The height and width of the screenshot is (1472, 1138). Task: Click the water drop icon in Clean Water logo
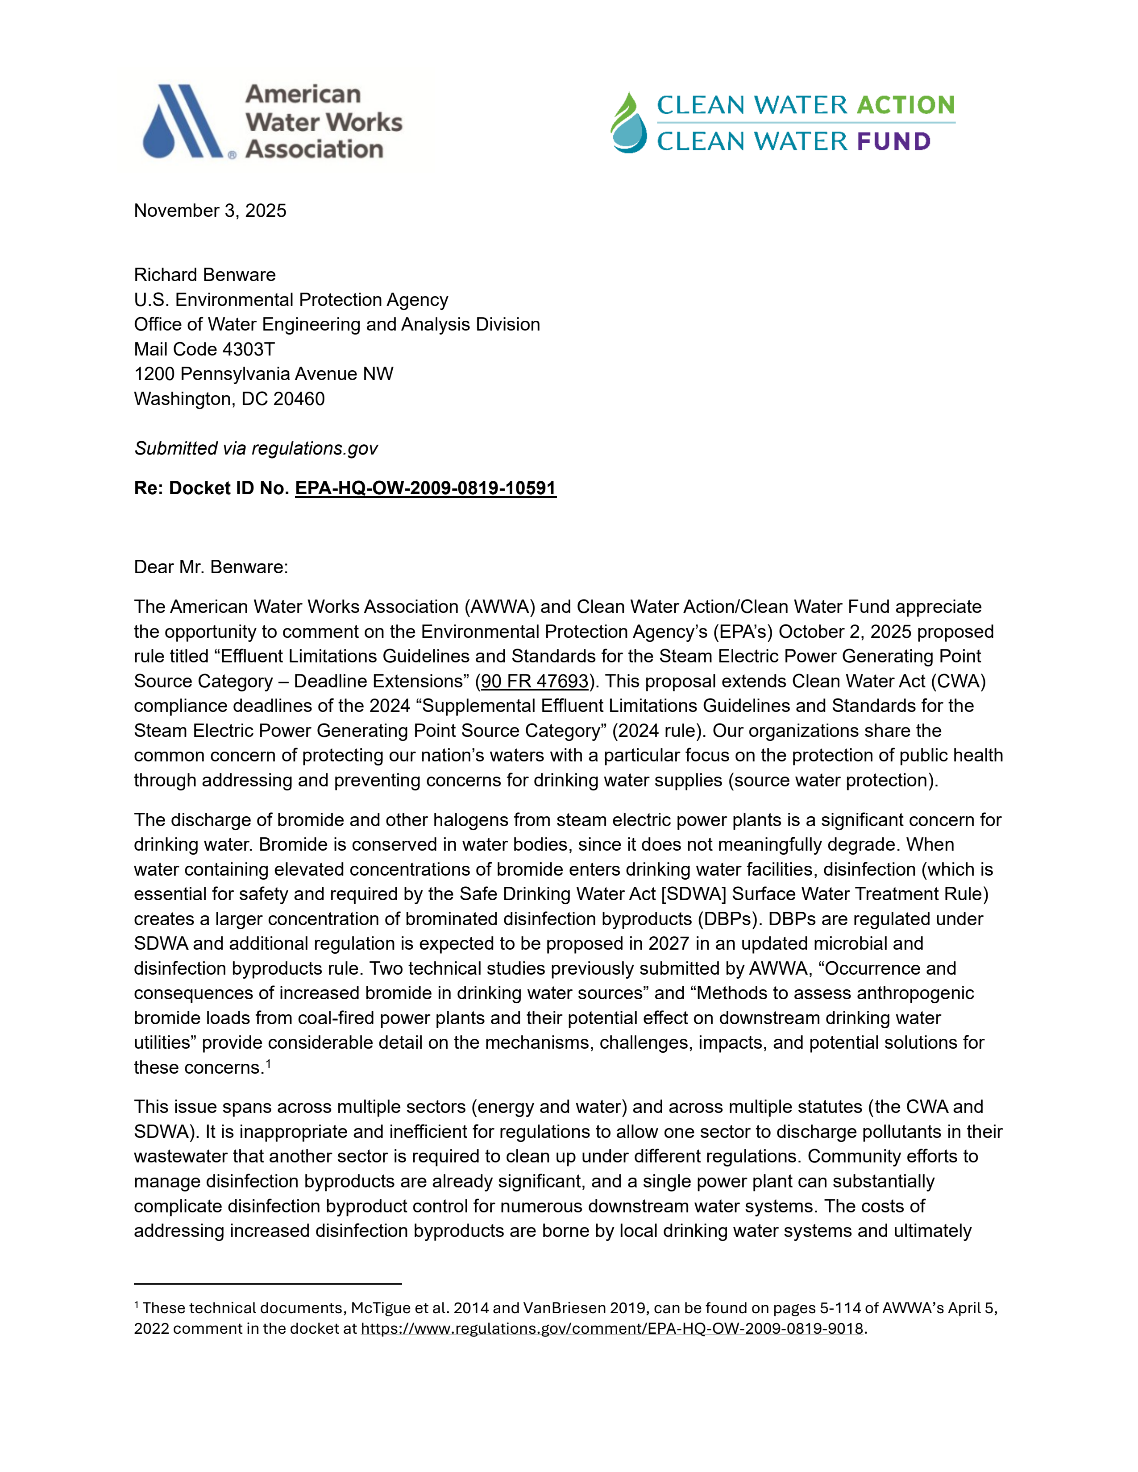pos(628,124)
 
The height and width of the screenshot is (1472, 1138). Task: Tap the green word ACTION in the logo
pos(905,105)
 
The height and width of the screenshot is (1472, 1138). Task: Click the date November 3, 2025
pos(210,211)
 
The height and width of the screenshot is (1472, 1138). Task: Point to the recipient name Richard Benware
pos(204,275)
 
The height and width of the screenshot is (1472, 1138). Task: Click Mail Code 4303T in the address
pos(204,349)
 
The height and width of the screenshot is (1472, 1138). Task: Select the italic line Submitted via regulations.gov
pos(256,449)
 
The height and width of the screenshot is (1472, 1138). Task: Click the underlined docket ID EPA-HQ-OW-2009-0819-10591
pos(425,488)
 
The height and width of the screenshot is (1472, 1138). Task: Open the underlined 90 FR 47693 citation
pos(535,682)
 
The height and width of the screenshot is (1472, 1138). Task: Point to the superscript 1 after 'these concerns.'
pos(268,1063)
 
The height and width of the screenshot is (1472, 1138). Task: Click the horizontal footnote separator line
pos(268,1284)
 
